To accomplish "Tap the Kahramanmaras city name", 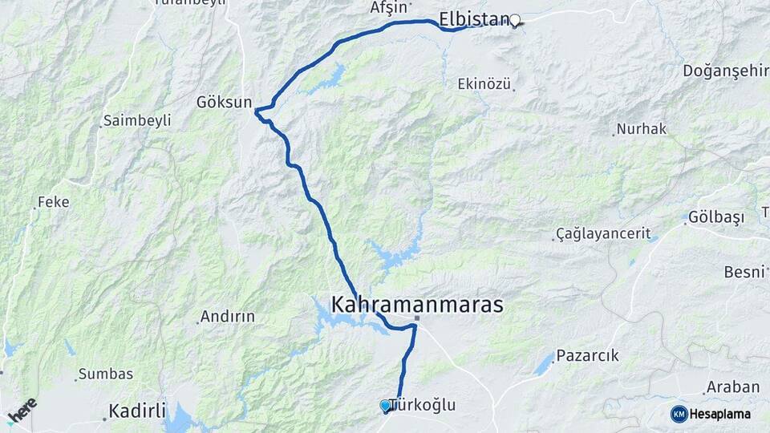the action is pos(417,305).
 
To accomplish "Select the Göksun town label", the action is pos(224,103).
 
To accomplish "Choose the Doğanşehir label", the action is pos(725,71).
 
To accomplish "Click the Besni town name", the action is pos(744,272).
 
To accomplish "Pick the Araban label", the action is pos(732,387).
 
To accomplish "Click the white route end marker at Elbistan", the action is pos(515,21).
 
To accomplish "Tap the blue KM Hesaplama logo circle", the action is pos(679,414).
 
